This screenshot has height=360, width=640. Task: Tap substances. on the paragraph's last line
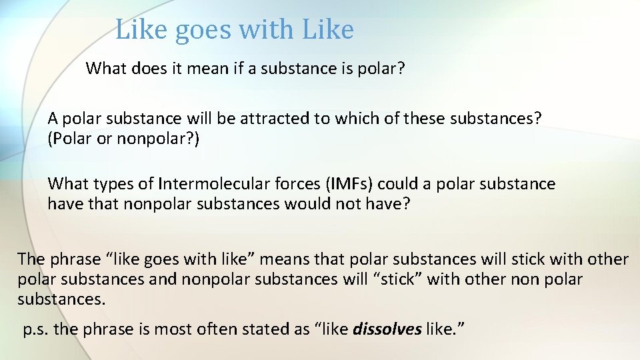click(x=61, y=299)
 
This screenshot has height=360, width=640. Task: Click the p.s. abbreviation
click(x=35, y=329)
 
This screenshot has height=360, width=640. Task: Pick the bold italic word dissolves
click(x=387, y=329)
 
